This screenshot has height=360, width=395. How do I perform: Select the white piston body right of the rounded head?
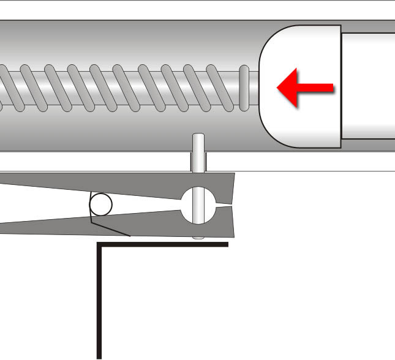click(367, 86)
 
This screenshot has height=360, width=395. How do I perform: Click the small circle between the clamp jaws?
click(101, 204)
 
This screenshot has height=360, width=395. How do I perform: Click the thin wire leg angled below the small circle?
click(113, 228)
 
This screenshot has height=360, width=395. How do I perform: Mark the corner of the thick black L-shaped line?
click(99, 245)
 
